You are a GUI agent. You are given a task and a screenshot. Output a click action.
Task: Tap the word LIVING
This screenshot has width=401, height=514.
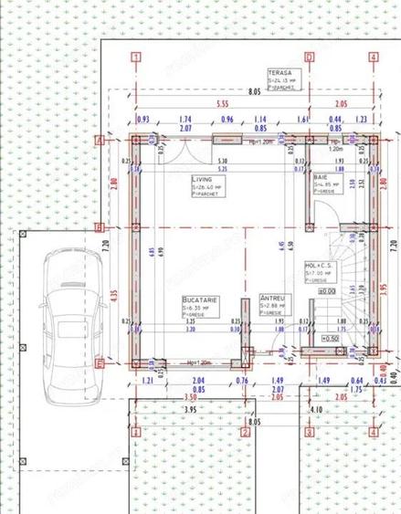click(202, 180)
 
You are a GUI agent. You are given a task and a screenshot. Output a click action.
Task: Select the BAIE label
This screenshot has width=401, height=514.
click(320, 176)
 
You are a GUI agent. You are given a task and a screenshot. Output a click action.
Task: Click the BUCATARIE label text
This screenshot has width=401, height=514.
click(198, 299)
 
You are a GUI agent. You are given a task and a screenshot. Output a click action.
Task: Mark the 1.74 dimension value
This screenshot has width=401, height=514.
click(185, 120)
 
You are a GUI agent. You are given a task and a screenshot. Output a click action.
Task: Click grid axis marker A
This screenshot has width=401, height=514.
click(99, 140)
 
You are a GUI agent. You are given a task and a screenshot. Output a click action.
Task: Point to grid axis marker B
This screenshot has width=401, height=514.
click(99, 226)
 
